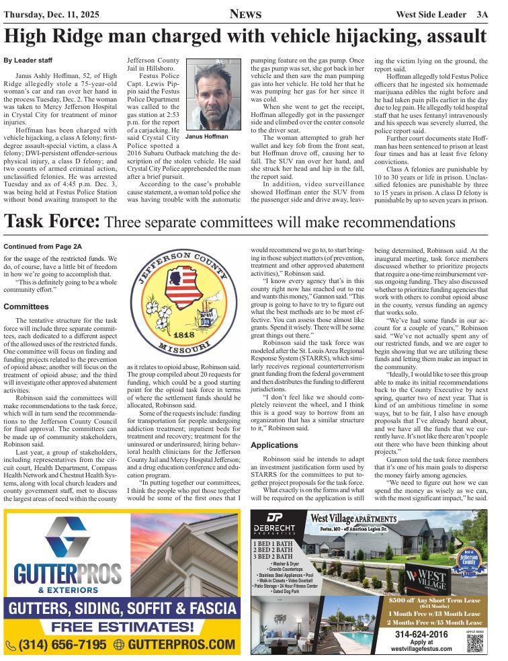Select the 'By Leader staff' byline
point(28,61)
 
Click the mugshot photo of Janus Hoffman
point(213,95)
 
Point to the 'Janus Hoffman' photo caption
point(208,137)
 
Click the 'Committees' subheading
point(26,307)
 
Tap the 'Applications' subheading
point(274,426)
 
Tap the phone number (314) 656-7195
point(56,644)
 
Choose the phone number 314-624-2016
point(421,634)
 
